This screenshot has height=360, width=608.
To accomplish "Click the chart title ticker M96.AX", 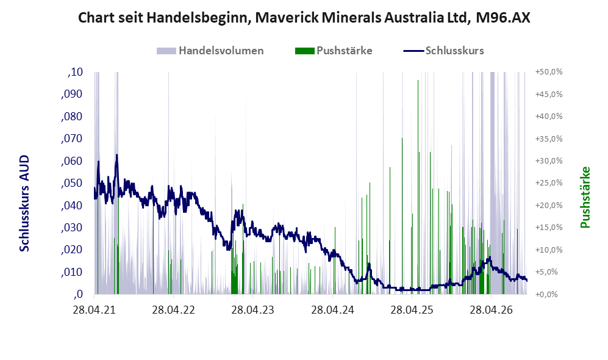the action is click(502, 18).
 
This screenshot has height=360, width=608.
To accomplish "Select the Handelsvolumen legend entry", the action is click(210, 51).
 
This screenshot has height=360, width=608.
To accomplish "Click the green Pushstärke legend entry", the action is click(334, 51).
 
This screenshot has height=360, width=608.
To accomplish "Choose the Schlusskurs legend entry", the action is click(443, 51).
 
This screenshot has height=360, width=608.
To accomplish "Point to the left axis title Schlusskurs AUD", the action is click(24, 203).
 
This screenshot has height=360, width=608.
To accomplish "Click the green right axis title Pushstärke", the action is click(585, 197).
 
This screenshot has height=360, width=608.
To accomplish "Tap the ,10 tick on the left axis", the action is click(75, 72).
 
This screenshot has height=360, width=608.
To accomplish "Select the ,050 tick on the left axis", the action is click(72, 183).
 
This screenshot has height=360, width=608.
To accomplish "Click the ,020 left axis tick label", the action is click(72, 250).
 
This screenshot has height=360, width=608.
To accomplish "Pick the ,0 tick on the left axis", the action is click(78, 294).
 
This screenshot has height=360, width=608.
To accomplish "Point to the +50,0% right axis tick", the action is click(549, 72).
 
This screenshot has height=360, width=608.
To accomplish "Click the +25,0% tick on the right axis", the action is click(549, 182).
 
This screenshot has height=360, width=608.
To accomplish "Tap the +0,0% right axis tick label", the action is click(547, 294).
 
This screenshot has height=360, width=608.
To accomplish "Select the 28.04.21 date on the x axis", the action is click(95, 310).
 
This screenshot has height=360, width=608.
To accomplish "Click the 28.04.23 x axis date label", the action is click(253, 310).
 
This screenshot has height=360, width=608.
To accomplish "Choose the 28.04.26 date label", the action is click(492, 310).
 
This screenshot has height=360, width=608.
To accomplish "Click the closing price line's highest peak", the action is click(116, 155).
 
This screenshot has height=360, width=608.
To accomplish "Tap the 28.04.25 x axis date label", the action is click(412, 310).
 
